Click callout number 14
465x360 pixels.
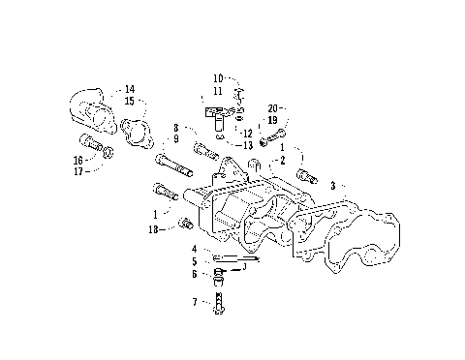130,89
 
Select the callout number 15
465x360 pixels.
130,100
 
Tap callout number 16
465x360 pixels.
77,160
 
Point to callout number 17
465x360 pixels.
77,170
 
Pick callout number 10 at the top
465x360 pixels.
218,77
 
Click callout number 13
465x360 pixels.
248,145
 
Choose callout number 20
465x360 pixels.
274,107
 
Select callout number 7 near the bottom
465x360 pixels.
194,302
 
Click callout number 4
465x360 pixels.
194,249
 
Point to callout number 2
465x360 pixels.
282,158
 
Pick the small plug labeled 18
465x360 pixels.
184,226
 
